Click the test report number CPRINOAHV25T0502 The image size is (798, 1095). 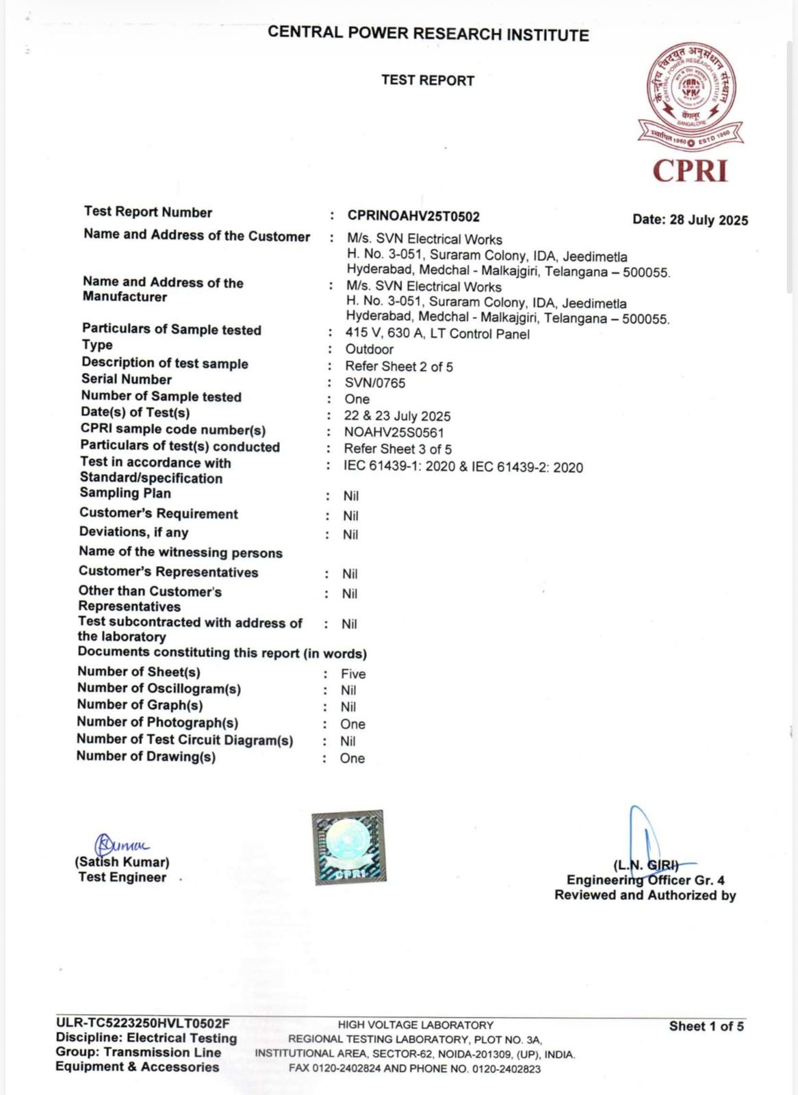[413, 216]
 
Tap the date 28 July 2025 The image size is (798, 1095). [690, 220]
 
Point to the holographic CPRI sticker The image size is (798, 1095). [348, 847]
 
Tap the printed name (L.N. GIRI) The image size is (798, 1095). [646, 865]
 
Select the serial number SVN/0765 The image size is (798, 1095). [375, 383]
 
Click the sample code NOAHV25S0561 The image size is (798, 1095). [394, 433]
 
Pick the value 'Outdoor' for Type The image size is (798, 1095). [369, 350]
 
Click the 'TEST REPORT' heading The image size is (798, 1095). [428, 81]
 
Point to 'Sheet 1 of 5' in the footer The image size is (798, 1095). [706, 1026]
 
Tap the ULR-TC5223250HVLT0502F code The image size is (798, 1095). [143, 1024]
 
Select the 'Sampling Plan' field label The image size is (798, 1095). [125, 493]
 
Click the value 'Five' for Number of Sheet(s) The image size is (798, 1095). [353, 674]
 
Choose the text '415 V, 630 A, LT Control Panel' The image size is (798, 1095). [437, 334]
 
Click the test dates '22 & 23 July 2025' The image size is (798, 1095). [397, 416]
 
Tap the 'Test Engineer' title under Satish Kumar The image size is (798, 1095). [123, 877]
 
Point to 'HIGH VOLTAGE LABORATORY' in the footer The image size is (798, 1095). [415, 1025]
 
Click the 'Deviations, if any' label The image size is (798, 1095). [133, 532]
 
